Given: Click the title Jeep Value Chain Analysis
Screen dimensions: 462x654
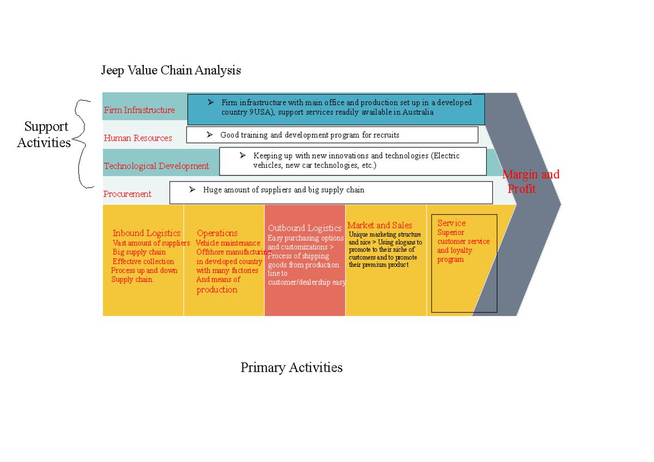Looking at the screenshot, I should [171, 70].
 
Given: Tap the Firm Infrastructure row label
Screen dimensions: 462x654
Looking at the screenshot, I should [139, 110].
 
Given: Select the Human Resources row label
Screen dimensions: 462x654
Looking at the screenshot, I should [138, 138].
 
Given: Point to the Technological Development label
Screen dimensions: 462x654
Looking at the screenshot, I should [156, 166].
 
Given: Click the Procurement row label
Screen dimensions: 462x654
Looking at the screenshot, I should [128, 194].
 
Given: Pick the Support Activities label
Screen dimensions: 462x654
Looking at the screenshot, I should [45, 135].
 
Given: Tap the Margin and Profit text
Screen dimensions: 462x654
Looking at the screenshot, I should [530, 181].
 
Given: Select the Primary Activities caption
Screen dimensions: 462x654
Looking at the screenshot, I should [292, 368].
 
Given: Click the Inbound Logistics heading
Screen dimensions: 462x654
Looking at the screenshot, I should [146, 233].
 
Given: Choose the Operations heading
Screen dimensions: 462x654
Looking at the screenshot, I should [217, 233].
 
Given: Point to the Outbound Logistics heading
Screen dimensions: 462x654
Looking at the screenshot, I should [305, 228].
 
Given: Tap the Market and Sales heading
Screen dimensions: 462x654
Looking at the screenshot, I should [379, 226].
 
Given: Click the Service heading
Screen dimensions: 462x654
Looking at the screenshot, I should [451, 223].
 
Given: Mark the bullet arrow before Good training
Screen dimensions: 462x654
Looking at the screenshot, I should [209, 135].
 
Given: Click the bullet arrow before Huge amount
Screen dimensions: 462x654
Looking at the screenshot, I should [192, 190].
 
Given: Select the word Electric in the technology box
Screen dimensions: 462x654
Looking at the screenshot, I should [446, 156].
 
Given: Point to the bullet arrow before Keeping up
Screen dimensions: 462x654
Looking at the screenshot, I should [243, 155].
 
